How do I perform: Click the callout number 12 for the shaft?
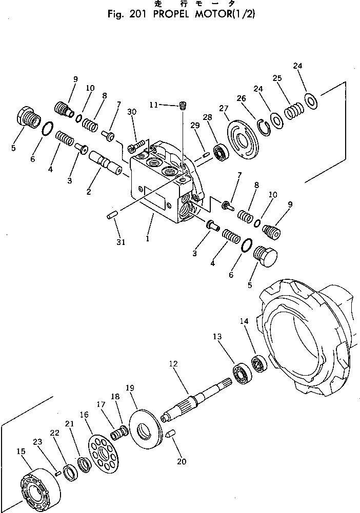(x=173, y=363)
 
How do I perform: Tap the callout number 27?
(x=223, y=108)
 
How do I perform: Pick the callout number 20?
(x=181, y=461)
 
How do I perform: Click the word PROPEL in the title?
(x=162, y=14)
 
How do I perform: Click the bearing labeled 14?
(x=258, y=363)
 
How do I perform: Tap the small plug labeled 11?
(x=182, y=107)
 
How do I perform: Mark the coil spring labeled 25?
(x=294, y=110)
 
